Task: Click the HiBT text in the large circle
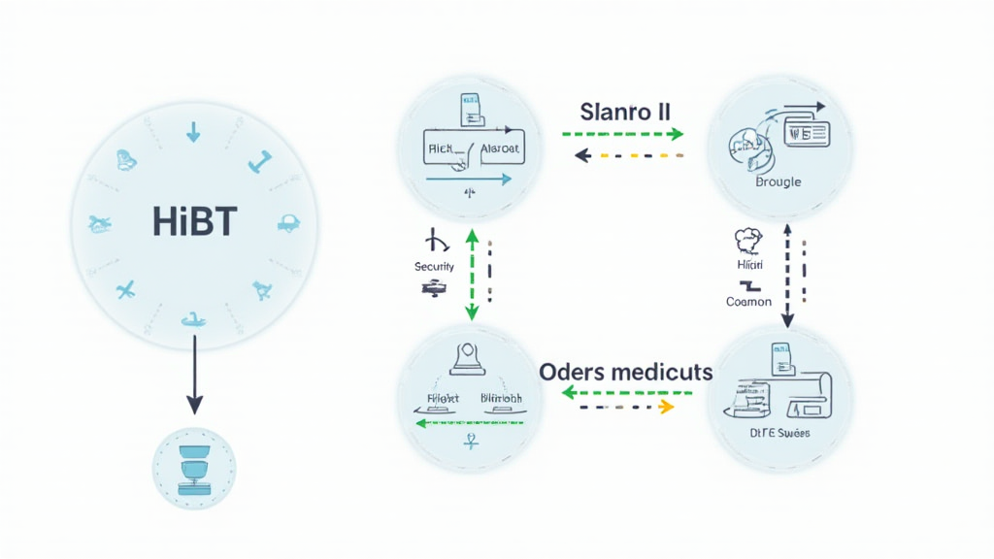point(194,222)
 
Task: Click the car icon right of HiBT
point(288,222)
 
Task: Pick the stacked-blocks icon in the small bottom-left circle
point(194,468)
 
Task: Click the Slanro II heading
point(624,111)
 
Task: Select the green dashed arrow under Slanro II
point(623,135)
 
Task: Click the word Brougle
point(779,181)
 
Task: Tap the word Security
point(434,266)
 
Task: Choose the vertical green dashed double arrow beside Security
point(472,274)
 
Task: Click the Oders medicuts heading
point(625,372)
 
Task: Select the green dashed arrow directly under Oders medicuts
point(627,393)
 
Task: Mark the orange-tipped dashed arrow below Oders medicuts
point(627,408)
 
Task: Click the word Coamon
point(748,301)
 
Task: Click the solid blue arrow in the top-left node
point(469,179)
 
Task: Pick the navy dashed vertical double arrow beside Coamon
point(787,274)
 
